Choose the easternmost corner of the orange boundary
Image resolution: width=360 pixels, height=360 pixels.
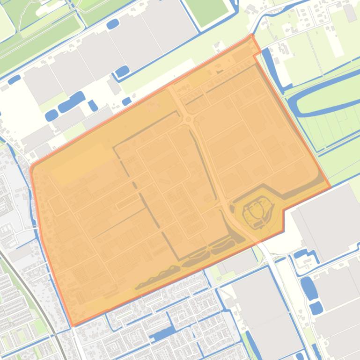331,187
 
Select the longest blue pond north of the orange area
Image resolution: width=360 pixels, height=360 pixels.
71,102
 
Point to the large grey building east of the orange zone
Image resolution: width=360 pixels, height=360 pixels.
328,220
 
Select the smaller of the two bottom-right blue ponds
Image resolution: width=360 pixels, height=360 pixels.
316,308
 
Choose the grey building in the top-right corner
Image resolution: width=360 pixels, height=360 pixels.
350,13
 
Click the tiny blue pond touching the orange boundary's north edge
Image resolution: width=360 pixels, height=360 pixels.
126,101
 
